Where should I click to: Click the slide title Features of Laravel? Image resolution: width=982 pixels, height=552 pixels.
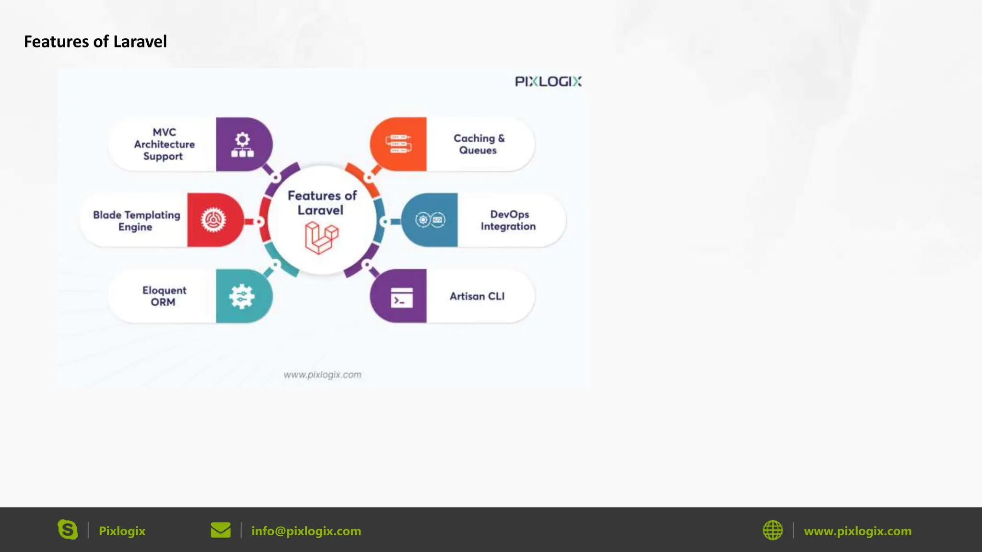[95, 42]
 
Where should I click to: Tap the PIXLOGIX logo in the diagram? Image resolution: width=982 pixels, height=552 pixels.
[548, 81]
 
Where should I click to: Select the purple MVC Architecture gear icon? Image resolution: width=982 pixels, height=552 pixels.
[243, 145]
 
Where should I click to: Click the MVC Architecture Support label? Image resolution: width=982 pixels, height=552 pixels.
[164, 144]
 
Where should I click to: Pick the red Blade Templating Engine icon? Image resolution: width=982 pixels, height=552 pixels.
[213, 220]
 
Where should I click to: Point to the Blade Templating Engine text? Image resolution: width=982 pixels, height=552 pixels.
[137, 221]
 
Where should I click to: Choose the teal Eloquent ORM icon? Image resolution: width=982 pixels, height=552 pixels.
[242, 296]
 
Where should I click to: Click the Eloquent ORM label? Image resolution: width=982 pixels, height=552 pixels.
[164, 296]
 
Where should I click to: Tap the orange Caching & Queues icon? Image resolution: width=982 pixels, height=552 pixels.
[398, 144]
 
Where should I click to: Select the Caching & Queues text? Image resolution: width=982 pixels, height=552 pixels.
[479, 144]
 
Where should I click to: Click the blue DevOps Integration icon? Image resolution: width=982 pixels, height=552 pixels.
[430, 220]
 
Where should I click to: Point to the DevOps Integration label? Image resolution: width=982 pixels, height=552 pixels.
[509, 220]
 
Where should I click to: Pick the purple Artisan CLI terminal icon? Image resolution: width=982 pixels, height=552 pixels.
[401, 297]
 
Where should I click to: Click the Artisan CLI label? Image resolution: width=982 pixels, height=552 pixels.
[477, 297]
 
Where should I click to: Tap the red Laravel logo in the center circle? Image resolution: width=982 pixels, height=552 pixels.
[321, 238]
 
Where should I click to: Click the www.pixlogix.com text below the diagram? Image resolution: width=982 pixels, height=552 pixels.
[322, 375]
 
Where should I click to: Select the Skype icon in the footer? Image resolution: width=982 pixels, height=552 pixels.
[68, 530]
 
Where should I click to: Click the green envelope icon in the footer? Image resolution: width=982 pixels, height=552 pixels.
[221, 530]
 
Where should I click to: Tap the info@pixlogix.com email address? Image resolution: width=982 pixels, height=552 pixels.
[306, 531]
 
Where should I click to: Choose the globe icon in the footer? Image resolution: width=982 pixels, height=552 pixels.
[772, 530]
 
